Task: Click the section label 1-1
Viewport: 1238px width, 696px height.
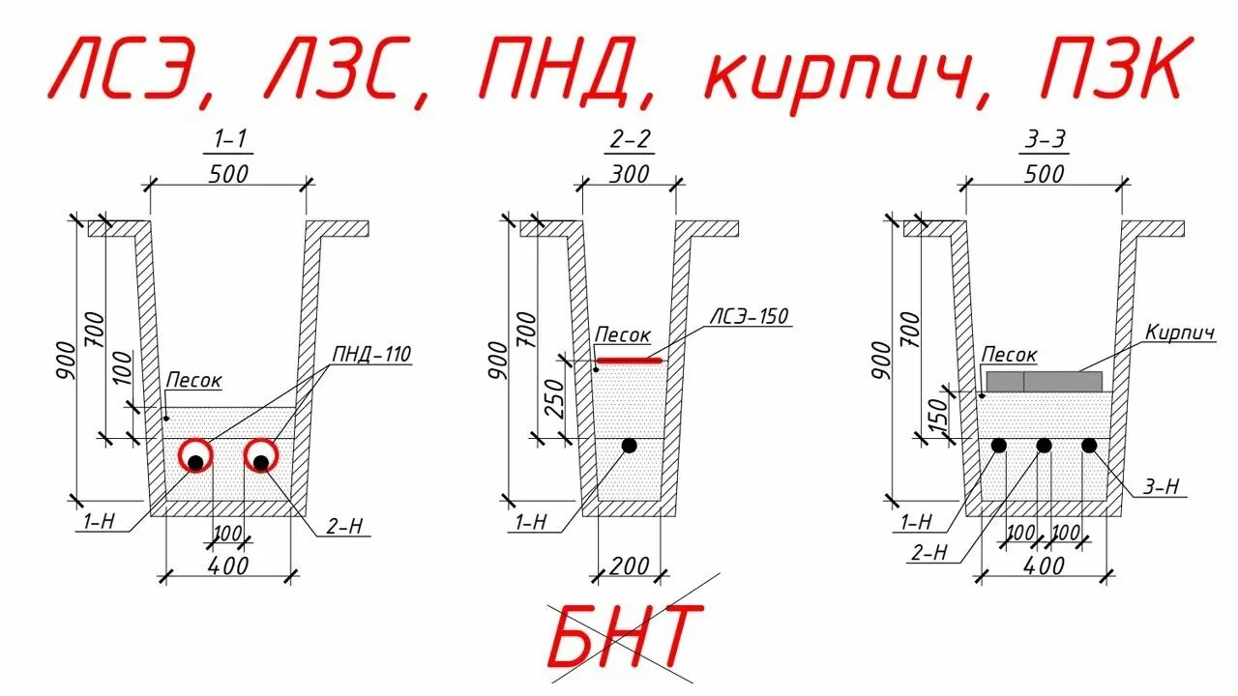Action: click(x=228, y=140)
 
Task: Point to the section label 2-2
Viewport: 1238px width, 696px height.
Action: click(x=631, y=140)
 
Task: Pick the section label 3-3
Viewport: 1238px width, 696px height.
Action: click(x=1045, y=140)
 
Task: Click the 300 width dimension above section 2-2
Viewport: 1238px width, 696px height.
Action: click(x=631, y=174)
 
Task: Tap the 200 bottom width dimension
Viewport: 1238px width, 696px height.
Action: click(x=630, y=565)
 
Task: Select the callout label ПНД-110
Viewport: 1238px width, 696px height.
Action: click(x=372, y=355)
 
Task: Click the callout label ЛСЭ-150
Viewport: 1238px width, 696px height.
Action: click(x=750, y=316)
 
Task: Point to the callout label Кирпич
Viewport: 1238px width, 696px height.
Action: click(x=1179, y=333)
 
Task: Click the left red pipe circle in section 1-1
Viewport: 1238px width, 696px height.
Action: click(x=196, y=456)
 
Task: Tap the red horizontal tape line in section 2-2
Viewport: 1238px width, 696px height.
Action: click(x=629, y=361)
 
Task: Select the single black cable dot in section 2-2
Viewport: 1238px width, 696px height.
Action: click(x=630, y=446)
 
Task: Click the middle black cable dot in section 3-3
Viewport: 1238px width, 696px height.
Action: click(x=1044, y=446)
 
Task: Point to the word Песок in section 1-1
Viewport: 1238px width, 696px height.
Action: click(x=193, y=381)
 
